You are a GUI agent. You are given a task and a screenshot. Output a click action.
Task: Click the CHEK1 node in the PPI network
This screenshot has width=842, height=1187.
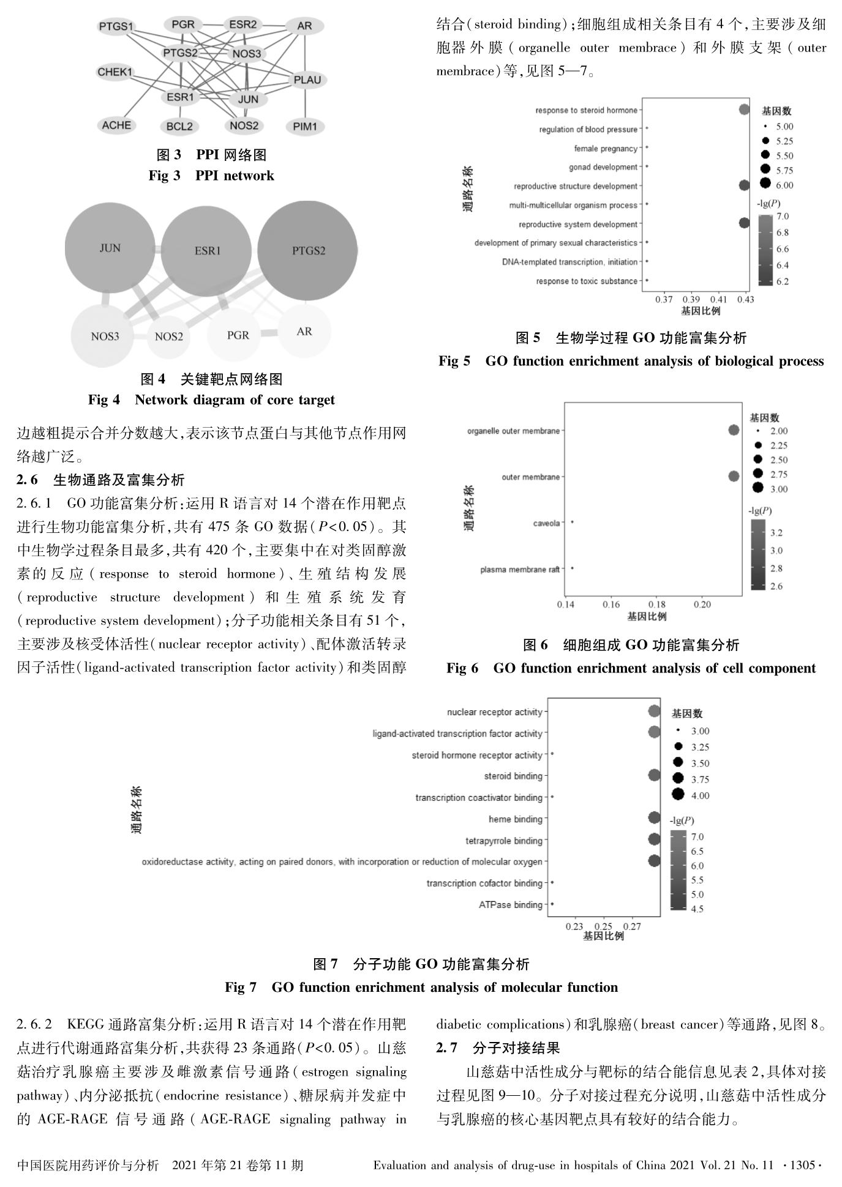point(115,72)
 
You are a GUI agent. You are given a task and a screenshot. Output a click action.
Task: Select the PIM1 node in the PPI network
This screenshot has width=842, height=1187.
point(305,127)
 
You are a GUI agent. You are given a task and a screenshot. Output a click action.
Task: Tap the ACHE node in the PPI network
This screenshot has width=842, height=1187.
point(116,125)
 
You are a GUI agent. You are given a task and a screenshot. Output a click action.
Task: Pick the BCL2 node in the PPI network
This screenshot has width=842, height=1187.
point(179,127)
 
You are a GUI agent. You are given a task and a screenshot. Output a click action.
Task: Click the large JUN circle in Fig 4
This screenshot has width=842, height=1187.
point(110,248)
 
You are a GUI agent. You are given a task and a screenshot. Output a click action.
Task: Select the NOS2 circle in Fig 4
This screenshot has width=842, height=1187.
point(168,337)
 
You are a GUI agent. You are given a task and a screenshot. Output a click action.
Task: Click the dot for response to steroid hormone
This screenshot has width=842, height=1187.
point(744,110)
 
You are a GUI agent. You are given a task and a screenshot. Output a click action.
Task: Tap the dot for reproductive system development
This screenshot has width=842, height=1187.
point(744,223)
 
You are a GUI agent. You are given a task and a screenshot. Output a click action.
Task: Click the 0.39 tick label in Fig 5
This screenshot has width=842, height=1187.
point(691,300)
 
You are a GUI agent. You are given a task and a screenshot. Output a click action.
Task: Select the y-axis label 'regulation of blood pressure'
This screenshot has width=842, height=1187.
point(588,130)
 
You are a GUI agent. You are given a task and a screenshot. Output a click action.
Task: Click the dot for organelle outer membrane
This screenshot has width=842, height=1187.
point(734,430)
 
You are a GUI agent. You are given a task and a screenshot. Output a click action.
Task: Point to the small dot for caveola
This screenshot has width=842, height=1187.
point(572,522)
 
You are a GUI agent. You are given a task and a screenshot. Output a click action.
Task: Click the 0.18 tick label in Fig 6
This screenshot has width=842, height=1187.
point(656,605)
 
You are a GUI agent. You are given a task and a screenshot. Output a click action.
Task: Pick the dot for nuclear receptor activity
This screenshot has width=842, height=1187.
point(654,711)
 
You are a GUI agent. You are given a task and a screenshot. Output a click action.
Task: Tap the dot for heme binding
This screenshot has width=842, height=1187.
point(654,818)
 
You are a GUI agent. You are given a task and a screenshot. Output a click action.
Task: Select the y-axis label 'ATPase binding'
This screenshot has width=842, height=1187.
point(511,905)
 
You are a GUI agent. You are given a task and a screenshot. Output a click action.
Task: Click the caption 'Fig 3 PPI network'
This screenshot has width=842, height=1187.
point(211,176)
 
